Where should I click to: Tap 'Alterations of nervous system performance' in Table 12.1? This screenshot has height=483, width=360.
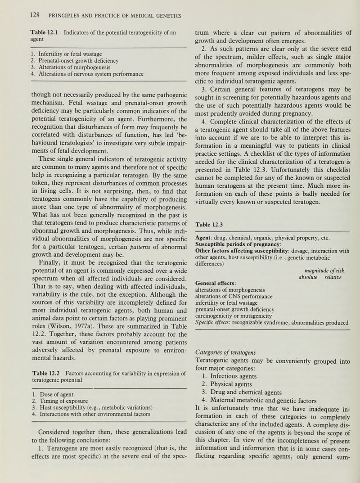pos(80,74)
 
